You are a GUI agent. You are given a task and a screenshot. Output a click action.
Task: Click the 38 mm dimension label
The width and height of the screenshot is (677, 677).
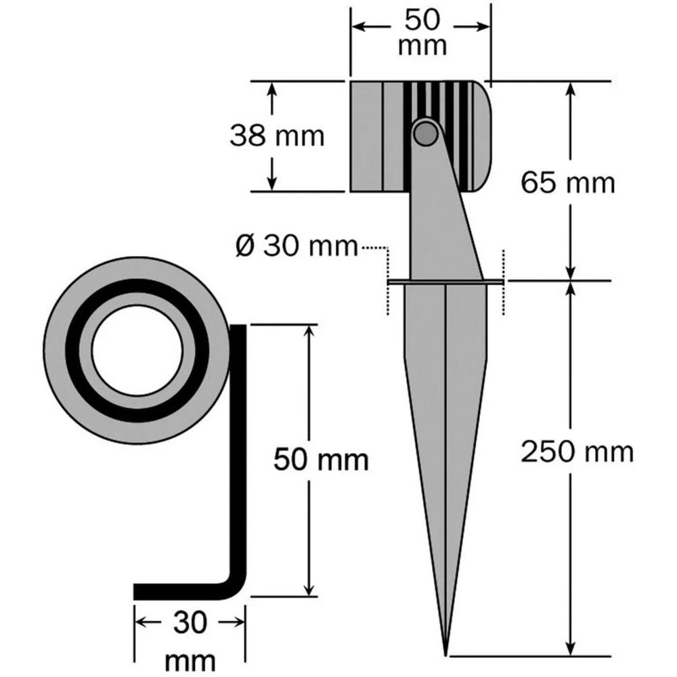click(x=277, y=136)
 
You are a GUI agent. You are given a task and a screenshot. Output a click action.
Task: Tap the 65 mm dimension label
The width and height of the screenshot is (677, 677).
click(x=567, y=182)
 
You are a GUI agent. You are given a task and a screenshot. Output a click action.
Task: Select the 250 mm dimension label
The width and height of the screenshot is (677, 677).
click(x=577, y=452)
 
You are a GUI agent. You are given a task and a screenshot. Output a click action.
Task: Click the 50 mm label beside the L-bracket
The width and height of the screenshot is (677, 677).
click(x=321, y=460)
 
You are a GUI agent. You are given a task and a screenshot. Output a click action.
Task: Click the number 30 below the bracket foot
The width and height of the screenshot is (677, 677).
click(x=189, y=623)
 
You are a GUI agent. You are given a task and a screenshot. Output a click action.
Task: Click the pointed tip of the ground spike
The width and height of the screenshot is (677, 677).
click(x=445, y=651)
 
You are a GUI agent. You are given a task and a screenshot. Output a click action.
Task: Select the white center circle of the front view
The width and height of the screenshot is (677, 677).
click(x=137, y=351)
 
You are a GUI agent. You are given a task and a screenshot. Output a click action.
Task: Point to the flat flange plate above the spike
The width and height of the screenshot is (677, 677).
click(x=446, y=281)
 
